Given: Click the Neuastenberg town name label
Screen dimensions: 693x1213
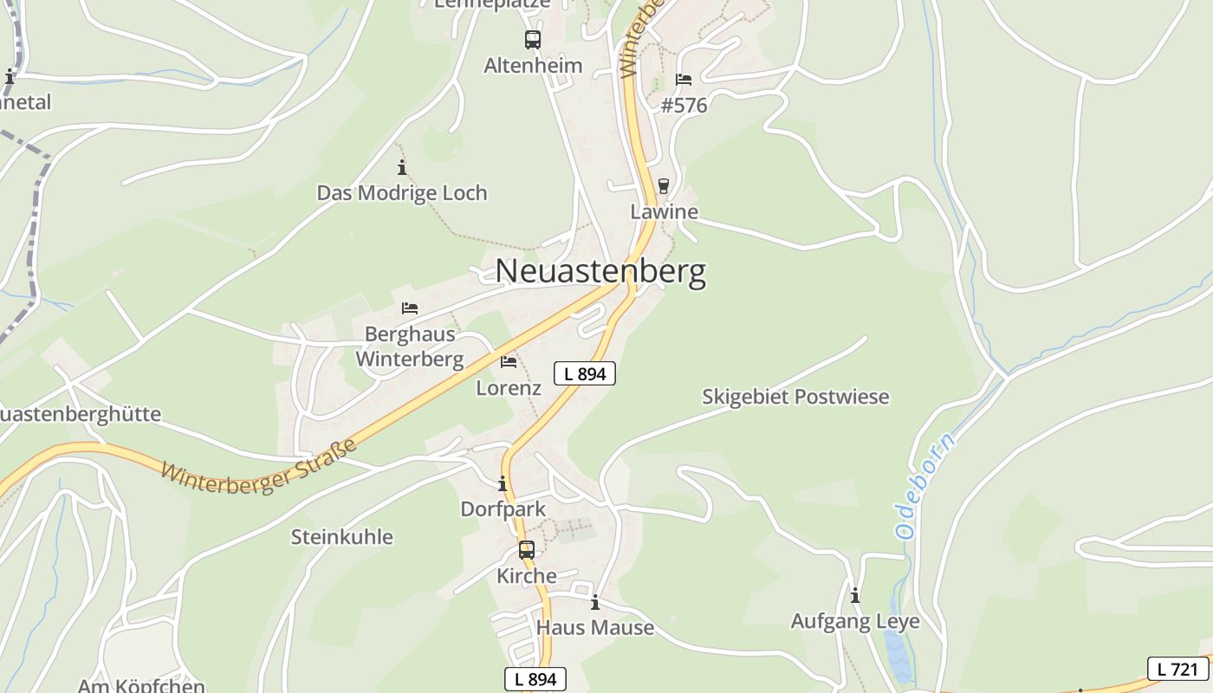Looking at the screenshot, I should [600, 272].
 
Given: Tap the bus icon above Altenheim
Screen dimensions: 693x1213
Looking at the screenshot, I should [532, 40].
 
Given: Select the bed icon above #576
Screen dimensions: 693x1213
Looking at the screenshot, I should [684, 80].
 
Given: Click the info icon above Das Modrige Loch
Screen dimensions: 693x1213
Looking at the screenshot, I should [401, 167].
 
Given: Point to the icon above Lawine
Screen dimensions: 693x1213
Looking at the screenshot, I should [664, 186].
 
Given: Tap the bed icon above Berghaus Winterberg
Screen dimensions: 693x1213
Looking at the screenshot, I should [410, 308].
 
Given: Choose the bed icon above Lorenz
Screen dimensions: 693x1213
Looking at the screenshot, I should [509, 361].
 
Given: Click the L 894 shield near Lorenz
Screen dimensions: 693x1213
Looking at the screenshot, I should [585, 373].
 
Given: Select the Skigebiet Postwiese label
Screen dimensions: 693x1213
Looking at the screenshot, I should [795, 397].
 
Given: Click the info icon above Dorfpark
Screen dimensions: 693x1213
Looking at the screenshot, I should [503, 483].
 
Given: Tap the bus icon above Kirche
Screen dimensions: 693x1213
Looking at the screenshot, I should [527, 549].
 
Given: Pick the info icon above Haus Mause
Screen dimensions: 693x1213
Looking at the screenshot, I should [595, 602].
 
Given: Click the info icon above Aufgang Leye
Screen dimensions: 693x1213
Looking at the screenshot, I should [855, 596].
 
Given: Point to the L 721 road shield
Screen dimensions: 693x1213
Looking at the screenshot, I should [1177, 669].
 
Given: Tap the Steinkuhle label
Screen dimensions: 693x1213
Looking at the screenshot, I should [341, 537].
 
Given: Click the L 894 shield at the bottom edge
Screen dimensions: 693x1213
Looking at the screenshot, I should [535, 679].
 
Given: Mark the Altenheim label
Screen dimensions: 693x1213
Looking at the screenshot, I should [533, 66].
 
